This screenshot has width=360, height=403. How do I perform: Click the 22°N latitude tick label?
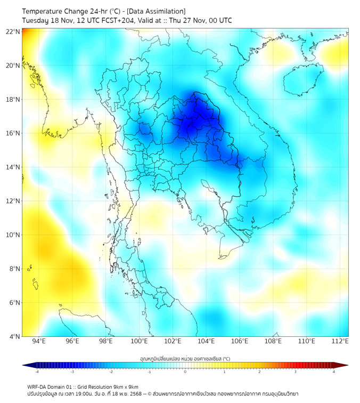[x=13, y=31]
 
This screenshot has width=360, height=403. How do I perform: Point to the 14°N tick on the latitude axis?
[x=13, y=167]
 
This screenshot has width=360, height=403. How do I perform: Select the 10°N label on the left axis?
[x=13, y=235]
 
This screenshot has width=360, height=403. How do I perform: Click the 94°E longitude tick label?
[x=39, y=341]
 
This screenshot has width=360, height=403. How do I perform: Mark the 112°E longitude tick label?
[x=340, y=341]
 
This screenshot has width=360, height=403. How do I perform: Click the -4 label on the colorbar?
[x=37, y=372]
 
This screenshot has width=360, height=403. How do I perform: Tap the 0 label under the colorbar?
[x=185, y=372]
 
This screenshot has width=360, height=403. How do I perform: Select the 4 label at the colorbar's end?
[x=334, y=372]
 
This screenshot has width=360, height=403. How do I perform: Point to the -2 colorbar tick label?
[x=111, y=372]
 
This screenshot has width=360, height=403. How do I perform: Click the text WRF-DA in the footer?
[x=37, y=386]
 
